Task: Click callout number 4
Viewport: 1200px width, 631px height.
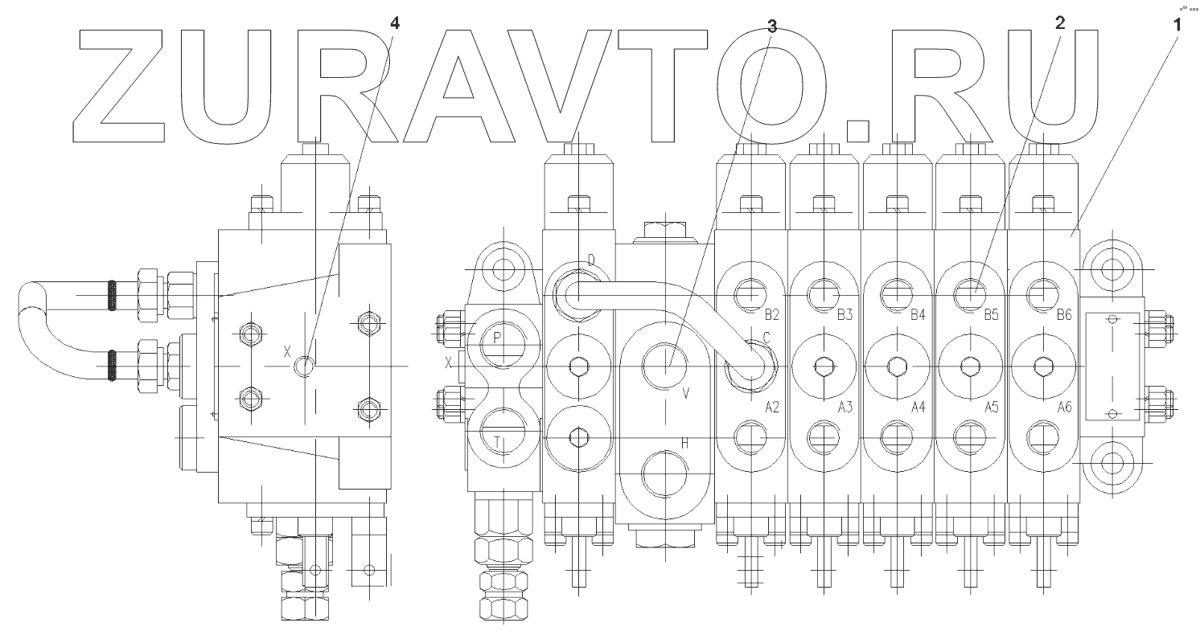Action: pos(393,23)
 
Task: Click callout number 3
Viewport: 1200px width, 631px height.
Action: pos(772,25)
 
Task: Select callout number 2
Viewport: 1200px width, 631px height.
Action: pos(1060,23)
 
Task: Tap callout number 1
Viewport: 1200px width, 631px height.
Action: pos(1177,24)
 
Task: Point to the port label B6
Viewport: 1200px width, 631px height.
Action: pos(1063,315)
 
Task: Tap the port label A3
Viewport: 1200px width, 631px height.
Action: pos(844,408)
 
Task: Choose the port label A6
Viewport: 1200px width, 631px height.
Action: pos(1063,408)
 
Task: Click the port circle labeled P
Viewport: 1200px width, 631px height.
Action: pos(502,340)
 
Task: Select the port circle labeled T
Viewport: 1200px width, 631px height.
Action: pos(502,434)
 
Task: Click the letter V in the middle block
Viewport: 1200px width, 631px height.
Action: pos(686,393)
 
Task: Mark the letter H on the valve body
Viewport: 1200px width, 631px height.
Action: pos(685,443)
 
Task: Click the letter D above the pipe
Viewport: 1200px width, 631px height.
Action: pos(591,260)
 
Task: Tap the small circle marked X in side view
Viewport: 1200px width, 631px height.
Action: pos(304,366)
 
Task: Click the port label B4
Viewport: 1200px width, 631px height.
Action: pos(917,315)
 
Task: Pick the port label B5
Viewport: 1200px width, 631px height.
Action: pos(990,315)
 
